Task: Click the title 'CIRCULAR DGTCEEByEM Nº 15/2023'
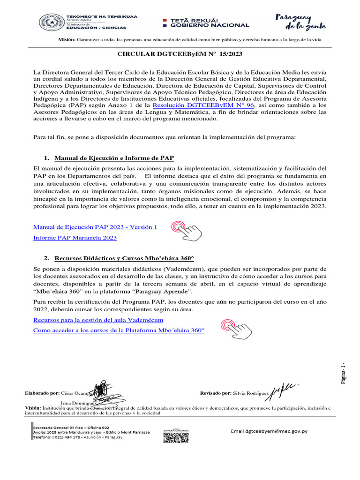[180, 54]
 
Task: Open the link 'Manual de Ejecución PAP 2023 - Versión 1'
[95, 227]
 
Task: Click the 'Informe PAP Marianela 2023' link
[75, 238]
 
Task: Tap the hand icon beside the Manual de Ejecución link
[187, 229]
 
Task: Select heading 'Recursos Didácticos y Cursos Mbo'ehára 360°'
[124, 258]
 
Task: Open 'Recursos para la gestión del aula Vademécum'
[98, 320]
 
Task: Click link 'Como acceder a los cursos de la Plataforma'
[119, 330]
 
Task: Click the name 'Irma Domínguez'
[79, 403]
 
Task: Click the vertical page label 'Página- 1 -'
[344, 374]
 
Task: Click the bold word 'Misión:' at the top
[66, 40]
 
